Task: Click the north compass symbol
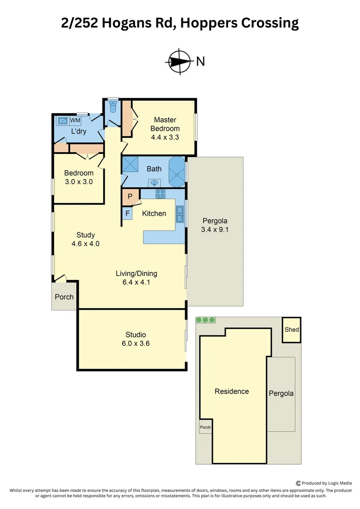(x=179, y=61)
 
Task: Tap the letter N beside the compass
(x=200, y=61)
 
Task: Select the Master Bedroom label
(x=165, y=124)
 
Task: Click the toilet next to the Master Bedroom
(x=113, y=107)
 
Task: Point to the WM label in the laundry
(x=75, y=121)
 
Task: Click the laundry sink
(x=63, y=121)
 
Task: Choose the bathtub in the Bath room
(x=177, y=171)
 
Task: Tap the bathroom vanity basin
(x=154, y=182)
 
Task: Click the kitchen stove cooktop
(x=160, y=193)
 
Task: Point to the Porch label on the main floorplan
(x=64, y=297)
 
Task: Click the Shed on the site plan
(x=292, y=329)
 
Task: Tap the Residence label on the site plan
(x=231, y=391)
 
